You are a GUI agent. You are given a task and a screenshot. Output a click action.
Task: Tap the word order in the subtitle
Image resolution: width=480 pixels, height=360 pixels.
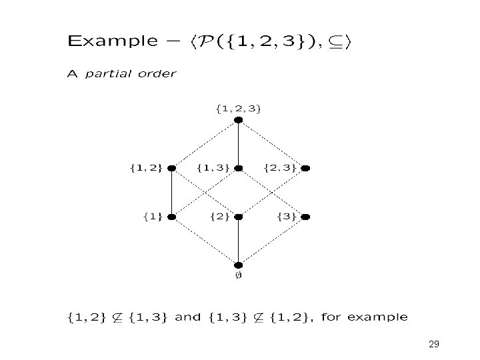[x=157, y=73]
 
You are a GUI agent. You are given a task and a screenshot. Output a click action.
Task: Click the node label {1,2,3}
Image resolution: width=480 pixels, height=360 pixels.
[x=238, y=108]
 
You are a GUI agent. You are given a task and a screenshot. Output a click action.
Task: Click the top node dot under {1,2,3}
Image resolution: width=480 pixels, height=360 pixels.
[x=239, y=120]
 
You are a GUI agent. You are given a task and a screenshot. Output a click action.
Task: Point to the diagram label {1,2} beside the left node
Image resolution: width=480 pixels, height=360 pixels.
[x=146, y=167]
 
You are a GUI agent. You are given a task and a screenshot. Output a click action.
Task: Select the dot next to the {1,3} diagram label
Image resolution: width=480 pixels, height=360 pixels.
[x=239, y=168]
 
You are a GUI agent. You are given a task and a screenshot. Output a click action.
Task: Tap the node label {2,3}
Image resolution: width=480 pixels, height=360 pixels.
[x=280, y=167]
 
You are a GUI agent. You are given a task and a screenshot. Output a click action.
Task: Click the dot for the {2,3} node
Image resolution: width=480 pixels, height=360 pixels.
[x=306, y=168]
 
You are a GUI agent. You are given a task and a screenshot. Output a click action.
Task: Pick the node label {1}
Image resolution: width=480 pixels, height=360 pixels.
[x=153, y=216]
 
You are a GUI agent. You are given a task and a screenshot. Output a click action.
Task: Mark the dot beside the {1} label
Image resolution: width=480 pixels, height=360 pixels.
[x=172, y=217]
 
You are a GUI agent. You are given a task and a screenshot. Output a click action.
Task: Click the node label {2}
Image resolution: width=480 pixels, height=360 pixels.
[x=220, y=216]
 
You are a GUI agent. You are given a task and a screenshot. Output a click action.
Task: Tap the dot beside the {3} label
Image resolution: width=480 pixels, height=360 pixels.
[x=306, y=217]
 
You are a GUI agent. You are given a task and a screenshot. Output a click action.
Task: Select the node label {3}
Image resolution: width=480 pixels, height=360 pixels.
[x=287, y=216]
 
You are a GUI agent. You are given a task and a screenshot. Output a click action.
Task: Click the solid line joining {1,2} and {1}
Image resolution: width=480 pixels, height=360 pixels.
[x=172, y=193]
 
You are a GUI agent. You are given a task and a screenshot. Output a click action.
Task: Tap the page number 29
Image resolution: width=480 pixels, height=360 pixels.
[x=434, y=344]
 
